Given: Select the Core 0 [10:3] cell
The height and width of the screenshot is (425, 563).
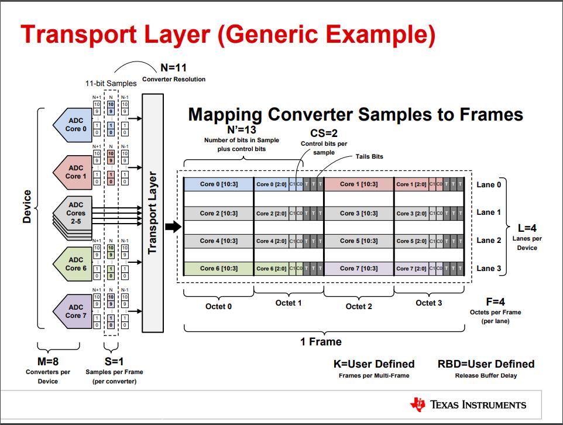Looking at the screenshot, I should coord(218,184).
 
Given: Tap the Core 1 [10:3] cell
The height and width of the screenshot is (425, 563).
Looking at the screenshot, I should coord(358,184).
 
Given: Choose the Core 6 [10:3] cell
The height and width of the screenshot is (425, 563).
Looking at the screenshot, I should coord(218,269).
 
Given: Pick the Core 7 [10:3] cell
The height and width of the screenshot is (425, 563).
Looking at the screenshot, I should coord(358,269).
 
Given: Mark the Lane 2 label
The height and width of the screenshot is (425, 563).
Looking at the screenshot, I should coord(489,241).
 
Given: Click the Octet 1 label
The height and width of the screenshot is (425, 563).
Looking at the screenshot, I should coord(289,303).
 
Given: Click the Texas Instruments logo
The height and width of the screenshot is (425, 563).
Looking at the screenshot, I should coord(468,405).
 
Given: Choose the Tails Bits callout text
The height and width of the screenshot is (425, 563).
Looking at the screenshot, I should coord(369,157).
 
